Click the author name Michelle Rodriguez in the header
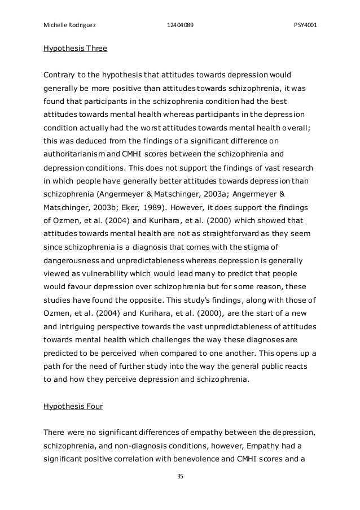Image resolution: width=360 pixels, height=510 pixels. point(65,25)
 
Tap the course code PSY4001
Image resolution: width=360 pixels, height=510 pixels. point(305,25)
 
